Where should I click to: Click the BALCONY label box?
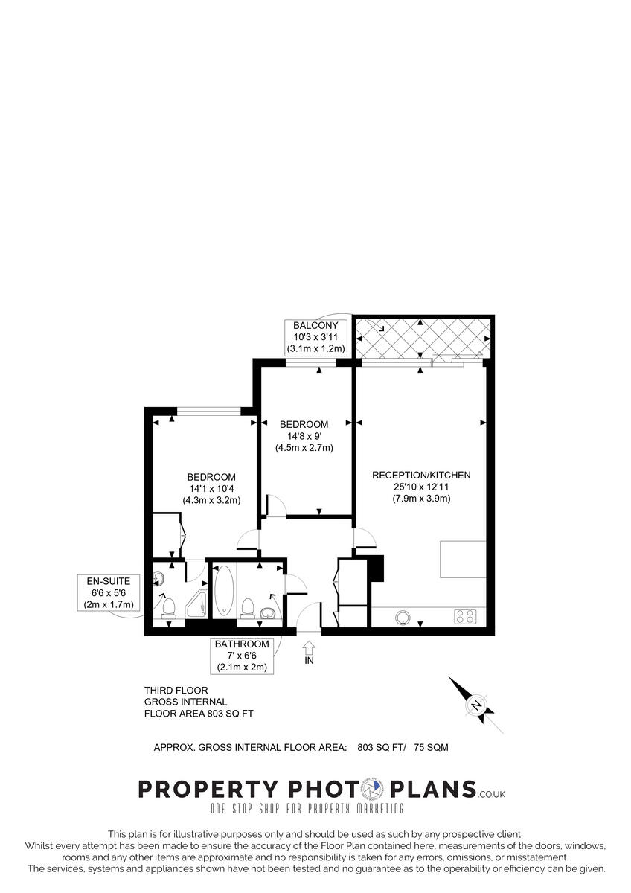pyautogui.click(x=315, y=337)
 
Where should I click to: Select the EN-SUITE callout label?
pyautogui.click(x=108, y=592)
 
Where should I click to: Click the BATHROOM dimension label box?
pyautogui.click(x=242, y=656)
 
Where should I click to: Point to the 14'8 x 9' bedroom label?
pyautogui.click(x=304, y=436)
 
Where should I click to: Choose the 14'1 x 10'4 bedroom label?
pyautogui.click(x=211, y=489)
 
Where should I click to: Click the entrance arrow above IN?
pyautogui.click(x=310, y=647)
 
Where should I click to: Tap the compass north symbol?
pyautogui.click(x=476, y=705)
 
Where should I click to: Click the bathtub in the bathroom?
pyautogui.click(x=225, y=592)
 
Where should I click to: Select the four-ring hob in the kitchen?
pyautogui.click(x=466, y=616)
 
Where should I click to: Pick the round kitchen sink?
pyautogui.click(x=403, y=616)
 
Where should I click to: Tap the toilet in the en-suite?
pyautogui.click(x=168, y=607)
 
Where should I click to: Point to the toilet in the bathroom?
pyautogui.click(x=248, y=608)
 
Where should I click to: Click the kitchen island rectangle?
pyautogui.click(x=462, y=559)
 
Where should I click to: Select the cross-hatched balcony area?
pyautogui.click(x=421, y=339)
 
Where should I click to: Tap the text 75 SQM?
pyautogui.click(x=431, y=747)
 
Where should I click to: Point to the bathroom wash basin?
pyautogui.click(x=269, y=612)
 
